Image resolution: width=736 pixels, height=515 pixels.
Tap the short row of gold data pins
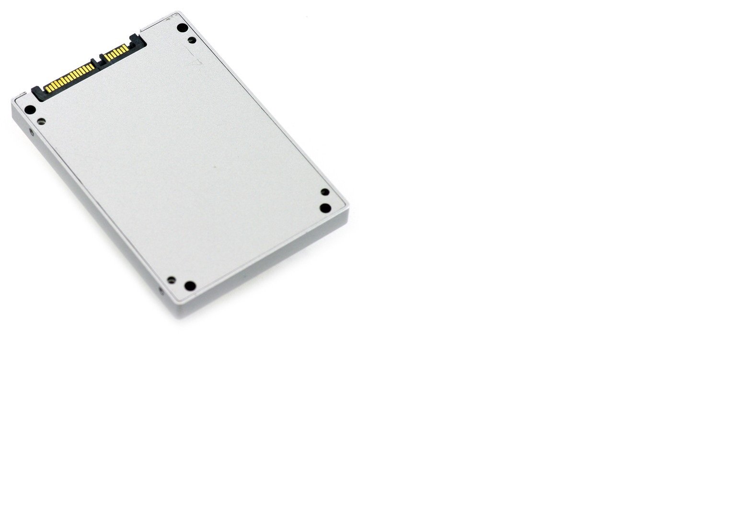pos(115,52)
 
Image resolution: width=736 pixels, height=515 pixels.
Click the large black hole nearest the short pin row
pos(182,28)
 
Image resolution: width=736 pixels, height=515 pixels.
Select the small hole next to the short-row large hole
pos(192,40)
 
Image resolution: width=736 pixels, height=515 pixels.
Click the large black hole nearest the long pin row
pos(30,110)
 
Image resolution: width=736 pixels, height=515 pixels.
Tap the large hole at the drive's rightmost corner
pos(325,208)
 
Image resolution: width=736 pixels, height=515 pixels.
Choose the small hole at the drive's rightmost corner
pos(325,192)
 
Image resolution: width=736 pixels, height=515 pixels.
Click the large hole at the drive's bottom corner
pos(190,286)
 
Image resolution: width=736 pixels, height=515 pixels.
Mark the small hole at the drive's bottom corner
pos(171,279)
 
